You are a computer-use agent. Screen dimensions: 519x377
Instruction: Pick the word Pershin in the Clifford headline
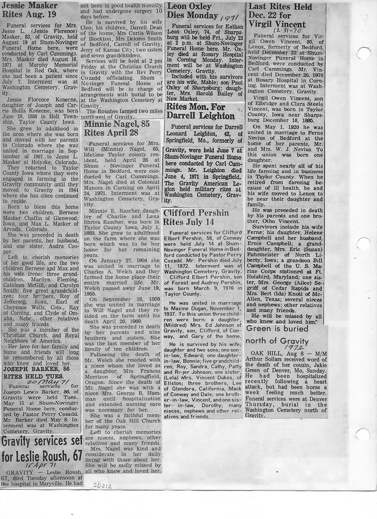[214, 213]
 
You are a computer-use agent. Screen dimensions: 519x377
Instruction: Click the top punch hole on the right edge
[363, 52]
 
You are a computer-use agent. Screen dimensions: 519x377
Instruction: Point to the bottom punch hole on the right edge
[363, 434]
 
